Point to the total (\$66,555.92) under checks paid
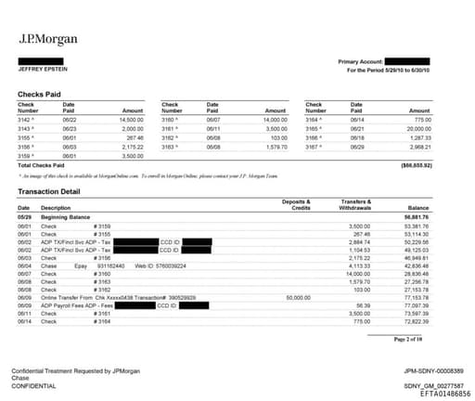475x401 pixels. (x=413, y=163)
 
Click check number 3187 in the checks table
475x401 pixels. (x=315, y=146)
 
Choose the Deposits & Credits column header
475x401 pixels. (x=295, y=203)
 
